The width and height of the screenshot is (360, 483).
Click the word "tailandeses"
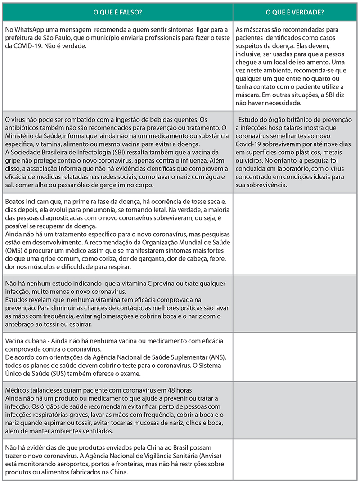(x=47, y=390)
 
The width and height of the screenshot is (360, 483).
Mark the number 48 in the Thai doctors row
(x=160, y=390)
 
